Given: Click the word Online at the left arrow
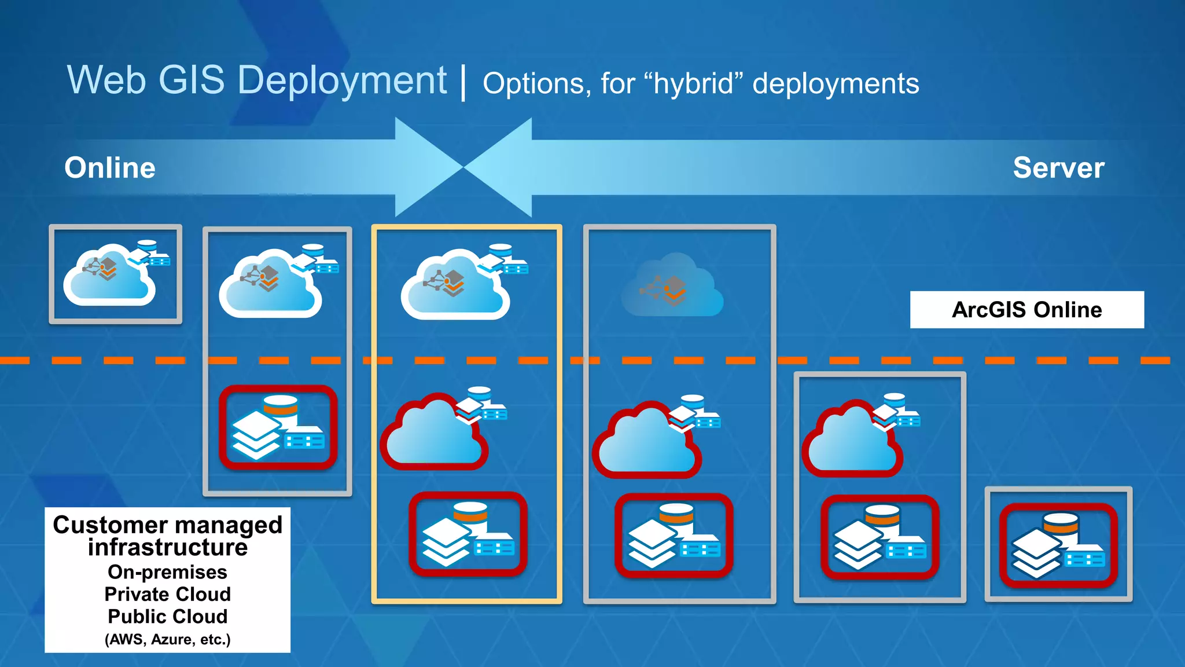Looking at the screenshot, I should pos(110,168).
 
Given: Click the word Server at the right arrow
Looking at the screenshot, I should pos(1058,168).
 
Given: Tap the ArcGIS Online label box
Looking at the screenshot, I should pos(1026,310).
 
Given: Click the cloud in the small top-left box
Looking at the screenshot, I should pos(109,276).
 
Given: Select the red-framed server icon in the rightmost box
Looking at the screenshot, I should pos(1058,545).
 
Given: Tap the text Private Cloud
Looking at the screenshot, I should pos(167,594).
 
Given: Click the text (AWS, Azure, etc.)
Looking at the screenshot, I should pos(167,639).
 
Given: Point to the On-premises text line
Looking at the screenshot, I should pos(167,572).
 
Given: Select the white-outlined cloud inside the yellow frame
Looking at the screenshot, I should pos(455,287).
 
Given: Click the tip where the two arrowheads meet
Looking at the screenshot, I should pos(463,167).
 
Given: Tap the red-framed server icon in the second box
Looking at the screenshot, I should pos(278,427).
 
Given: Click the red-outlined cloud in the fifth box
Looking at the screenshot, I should pos(852,440).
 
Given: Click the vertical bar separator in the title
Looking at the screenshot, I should pos(463,83).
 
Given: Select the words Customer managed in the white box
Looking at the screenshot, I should pos(167,525).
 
